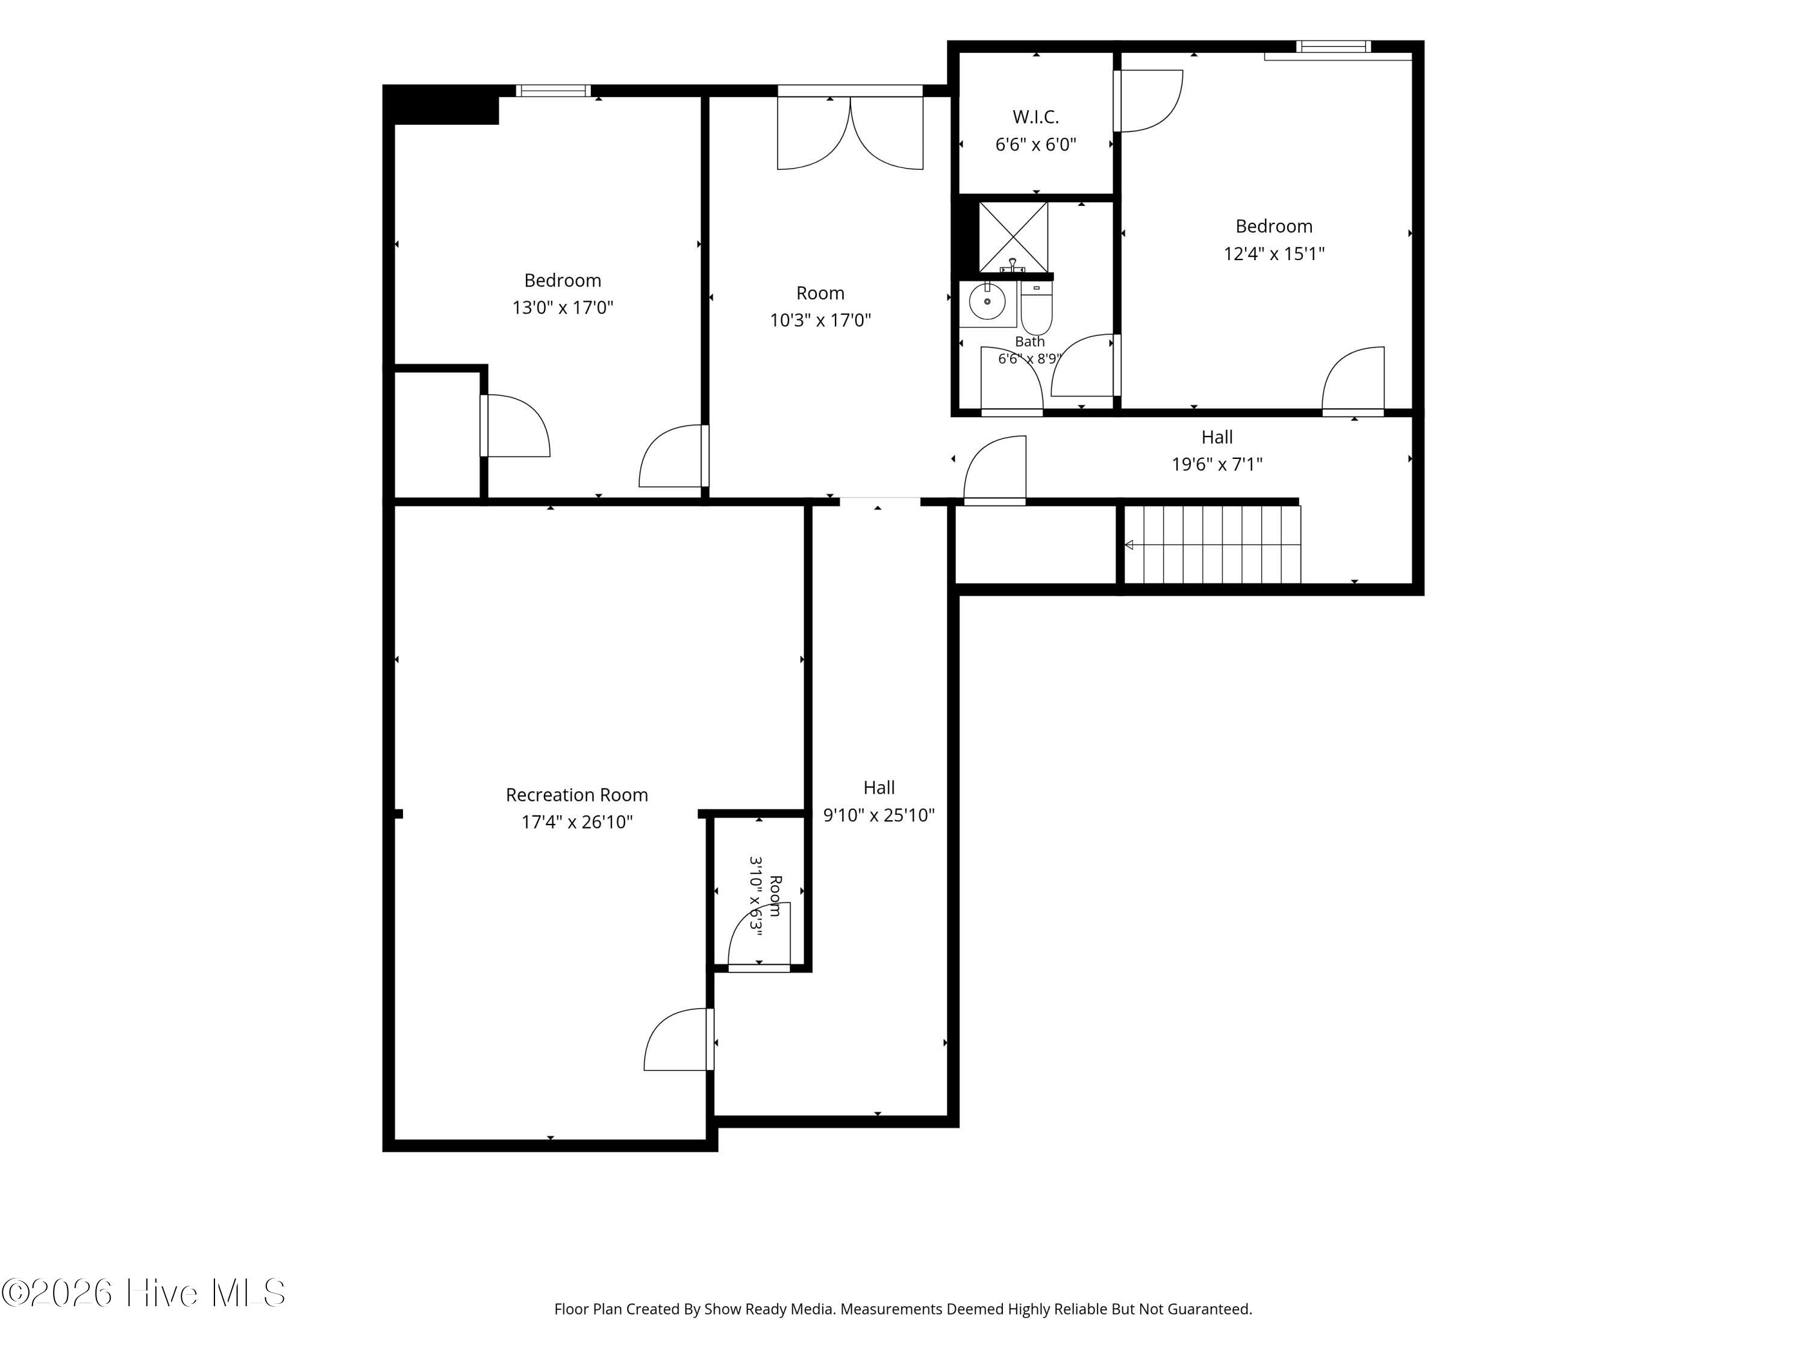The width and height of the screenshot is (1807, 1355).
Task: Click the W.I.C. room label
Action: [1036, 117]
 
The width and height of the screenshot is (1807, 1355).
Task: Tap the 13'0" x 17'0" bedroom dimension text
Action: [563, 308]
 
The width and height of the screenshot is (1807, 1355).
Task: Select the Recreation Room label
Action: [577, 795]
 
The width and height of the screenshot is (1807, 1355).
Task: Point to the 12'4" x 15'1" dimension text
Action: [1273, 253]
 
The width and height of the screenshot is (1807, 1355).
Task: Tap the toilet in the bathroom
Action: [1037, 307]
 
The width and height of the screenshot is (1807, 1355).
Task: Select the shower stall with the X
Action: [1013, 237]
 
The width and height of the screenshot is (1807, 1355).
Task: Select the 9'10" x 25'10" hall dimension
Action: [879, 815]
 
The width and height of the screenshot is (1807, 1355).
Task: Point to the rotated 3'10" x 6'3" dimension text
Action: [756, 897]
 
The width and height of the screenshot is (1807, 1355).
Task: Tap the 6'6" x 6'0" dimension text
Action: [1036, 145]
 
